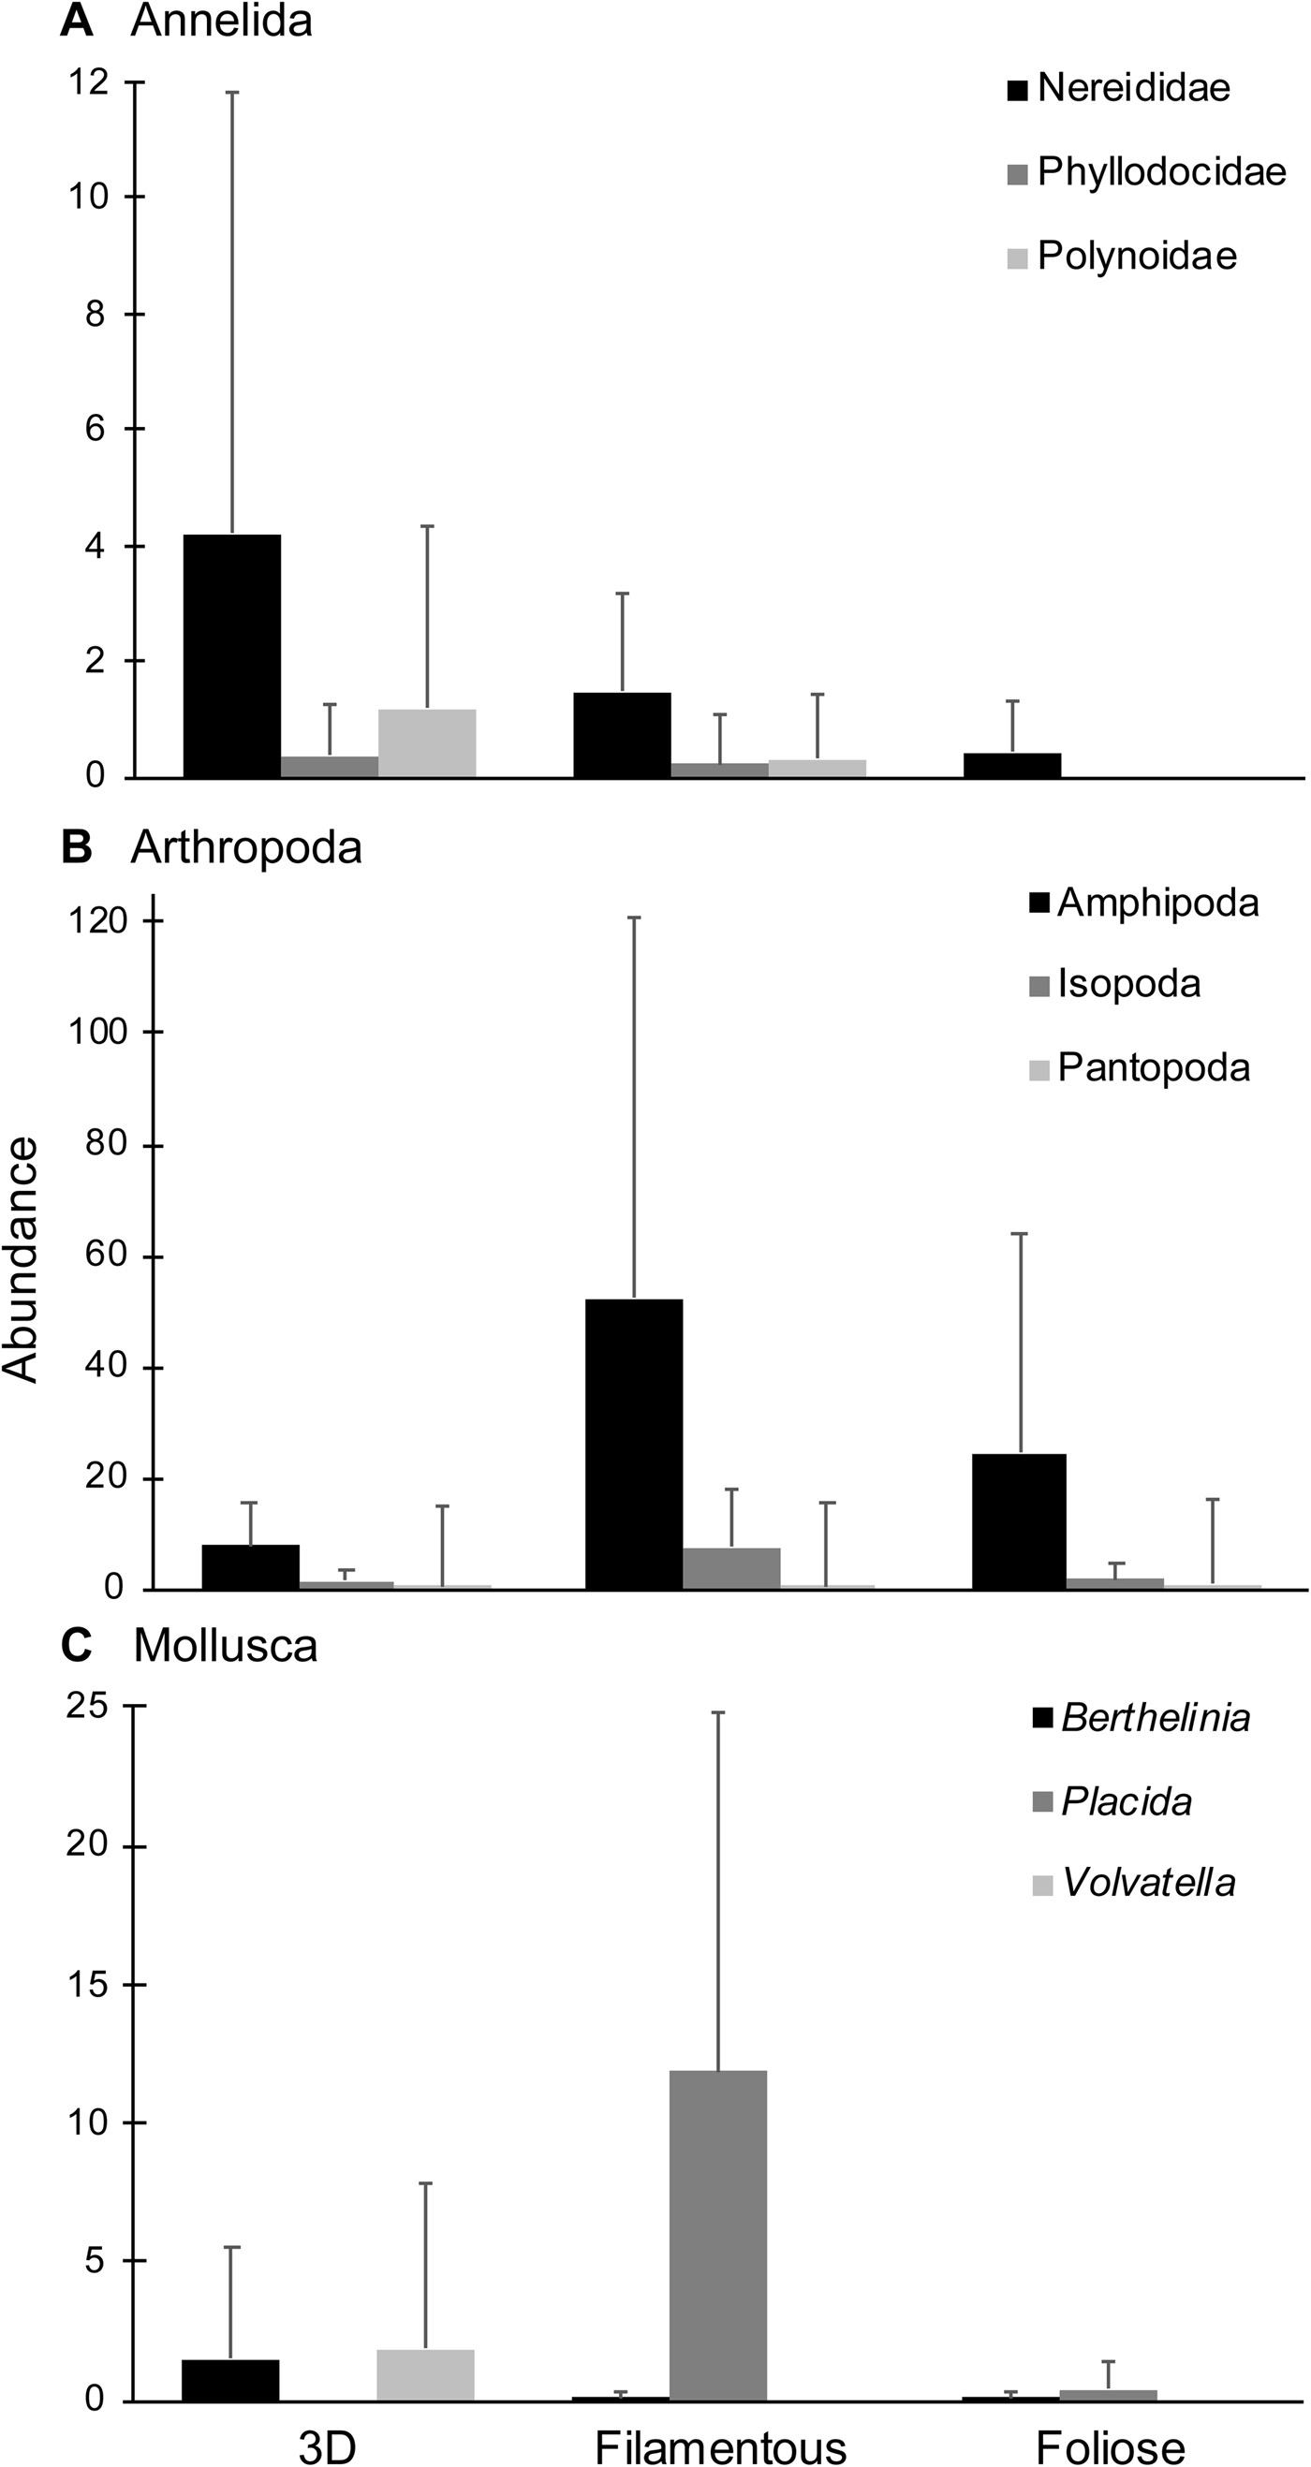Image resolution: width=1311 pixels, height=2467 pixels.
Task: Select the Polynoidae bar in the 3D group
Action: [x=427, y=742]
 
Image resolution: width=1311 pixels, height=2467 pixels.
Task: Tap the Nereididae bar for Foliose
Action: [x=1012, y=765]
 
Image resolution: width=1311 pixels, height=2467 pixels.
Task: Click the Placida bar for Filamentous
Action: [x=718, y=2236]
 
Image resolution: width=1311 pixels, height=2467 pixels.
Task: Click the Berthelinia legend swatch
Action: [x=1042, y=1719]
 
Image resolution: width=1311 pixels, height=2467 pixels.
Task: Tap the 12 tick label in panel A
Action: [x=88, y=82]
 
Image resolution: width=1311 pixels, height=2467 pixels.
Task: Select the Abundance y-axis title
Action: [x=21, y=1259]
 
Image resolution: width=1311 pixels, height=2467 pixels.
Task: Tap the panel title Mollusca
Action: [x=225, y=1645]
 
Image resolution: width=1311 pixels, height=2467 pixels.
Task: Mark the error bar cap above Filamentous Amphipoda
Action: [x=634, y=918]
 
